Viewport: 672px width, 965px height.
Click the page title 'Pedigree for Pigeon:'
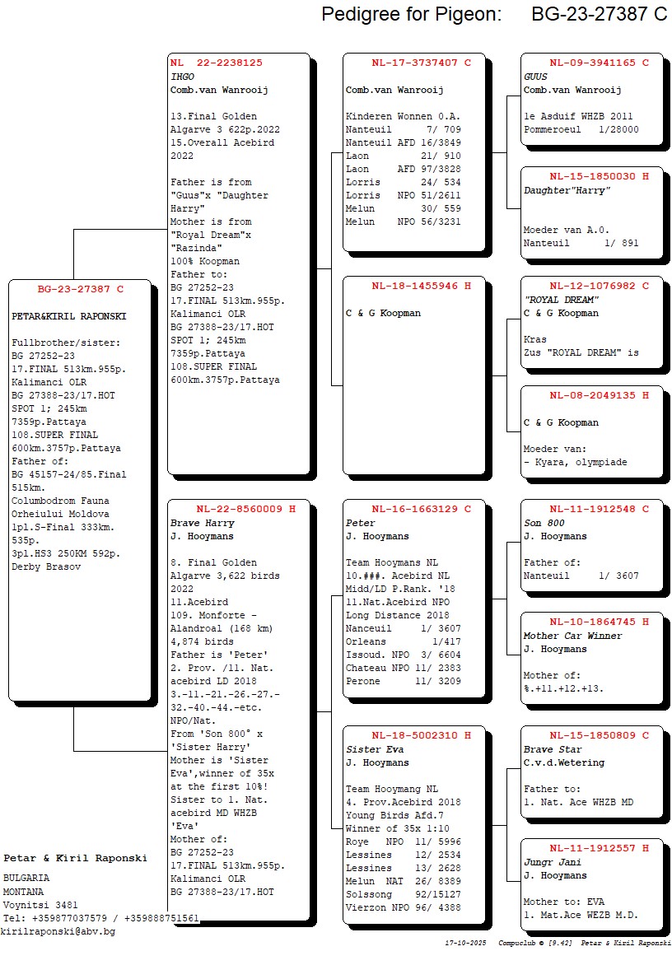[411, 14]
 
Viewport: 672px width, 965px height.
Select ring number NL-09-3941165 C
[599, 63]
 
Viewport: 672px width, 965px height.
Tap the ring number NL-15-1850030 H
[599, 176]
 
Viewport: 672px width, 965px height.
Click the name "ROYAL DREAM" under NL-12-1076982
[561, 300]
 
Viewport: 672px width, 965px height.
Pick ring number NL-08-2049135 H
[599, 395]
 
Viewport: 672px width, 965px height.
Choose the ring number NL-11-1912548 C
[599, 509]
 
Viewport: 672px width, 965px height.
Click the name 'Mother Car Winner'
[572, 636]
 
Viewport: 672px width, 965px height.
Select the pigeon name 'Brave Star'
[552, 749]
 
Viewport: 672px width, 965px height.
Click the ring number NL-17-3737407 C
[421, 63]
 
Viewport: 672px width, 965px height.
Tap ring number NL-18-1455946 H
[421, 286]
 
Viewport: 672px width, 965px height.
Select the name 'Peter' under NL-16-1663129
[360, 523]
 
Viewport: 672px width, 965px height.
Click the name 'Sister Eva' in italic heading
[374, 749]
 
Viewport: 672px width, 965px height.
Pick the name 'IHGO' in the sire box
[182, 77]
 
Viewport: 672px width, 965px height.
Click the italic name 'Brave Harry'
[202, 523]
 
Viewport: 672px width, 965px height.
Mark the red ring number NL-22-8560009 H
[245, 509]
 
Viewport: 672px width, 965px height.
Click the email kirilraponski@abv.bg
[58, 931]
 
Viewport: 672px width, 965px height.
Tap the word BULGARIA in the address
[26, 879]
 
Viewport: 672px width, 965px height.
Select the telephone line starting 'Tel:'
[101, 918]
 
